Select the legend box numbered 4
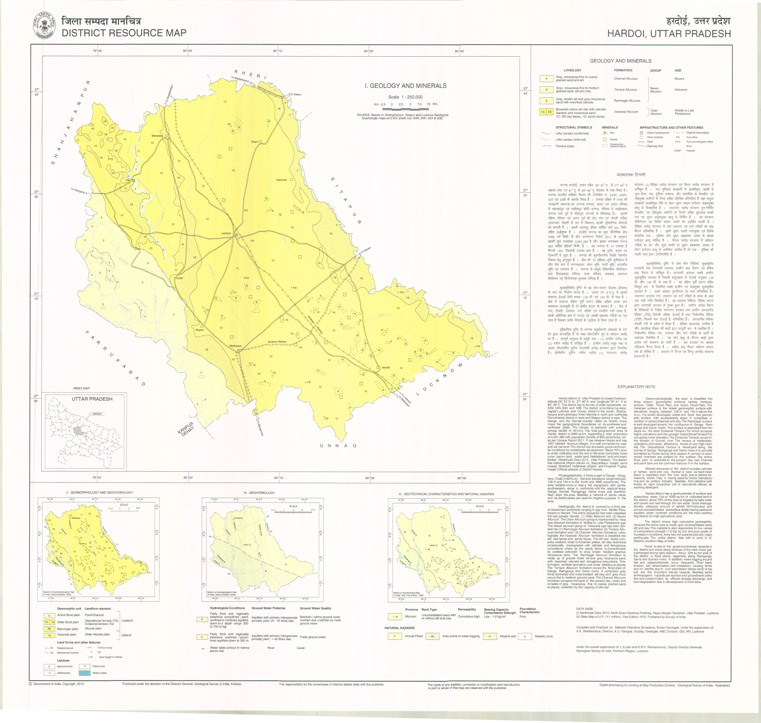(x=546, y=79)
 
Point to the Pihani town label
(x=254, y=142)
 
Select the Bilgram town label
(x=199, y=330)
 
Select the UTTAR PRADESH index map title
(x=92, y=399)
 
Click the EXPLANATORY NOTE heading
(x=636, y=386)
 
